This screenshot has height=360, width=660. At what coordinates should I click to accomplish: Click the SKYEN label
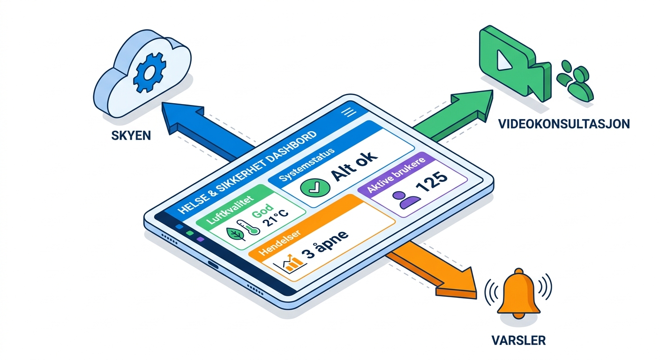click(x=131, y=135)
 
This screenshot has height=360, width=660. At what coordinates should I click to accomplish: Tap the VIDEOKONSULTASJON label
click(x=564, y=124)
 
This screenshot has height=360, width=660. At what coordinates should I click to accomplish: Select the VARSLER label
click(x=518, y=340)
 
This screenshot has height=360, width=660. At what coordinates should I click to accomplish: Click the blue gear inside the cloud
click(x=150, y=72)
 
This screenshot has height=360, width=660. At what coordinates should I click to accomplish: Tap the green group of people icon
click(x=575, y=81)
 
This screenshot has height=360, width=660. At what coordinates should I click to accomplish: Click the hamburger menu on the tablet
click(x=349, y=112)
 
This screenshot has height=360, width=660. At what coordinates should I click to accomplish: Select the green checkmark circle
click(x=315, y=187)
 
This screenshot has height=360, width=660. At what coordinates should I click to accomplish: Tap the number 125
click(x=432, y=182)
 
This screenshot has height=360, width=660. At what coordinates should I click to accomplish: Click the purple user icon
click(x=406, y=199)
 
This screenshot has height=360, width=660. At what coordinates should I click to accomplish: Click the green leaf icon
click(x=236, y=234)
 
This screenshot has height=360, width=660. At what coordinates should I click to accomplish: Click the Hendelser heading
click(x=279, y=242)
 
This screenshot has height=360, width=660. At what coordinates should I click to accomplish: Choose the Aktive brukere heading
click(x=396, y=175)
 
